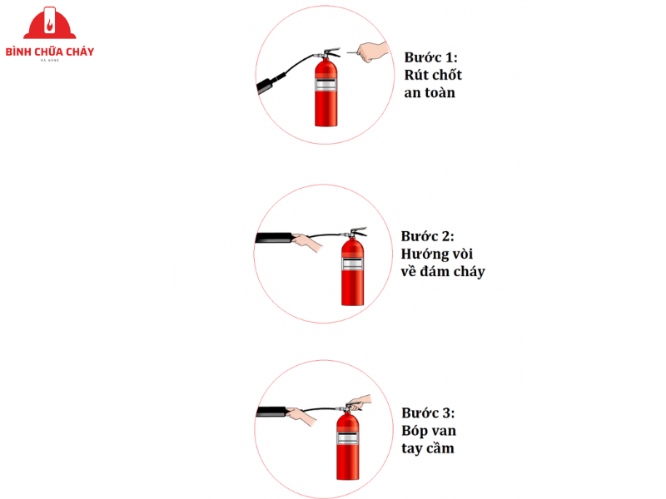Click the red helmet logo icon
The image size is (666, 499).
pos(49,24)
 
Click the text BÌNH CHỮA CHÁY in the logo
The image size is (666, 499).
pos(49,52)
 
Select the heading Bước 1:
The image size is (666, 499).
pos(430,57)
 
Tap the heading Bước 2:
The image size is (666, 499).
pos(428,236)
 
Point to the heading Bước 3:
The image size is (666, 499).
pos(428,413)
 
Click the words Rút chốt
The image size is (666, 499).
pos(433,76)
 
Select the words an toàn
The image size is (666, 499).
pos(430,93)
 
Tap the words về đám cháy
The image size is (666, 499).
pos(442,272)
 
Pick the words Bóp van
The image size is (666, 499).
pos(429,431)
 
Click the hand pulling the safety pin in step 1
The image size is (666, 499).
pos(370,51)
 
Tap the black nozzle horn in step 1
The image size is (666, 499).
pos(271,83)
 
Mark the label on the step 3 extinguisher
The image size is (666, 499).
pos(348,433)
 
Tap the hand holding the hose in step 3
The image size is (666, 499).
pos(301,413)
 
